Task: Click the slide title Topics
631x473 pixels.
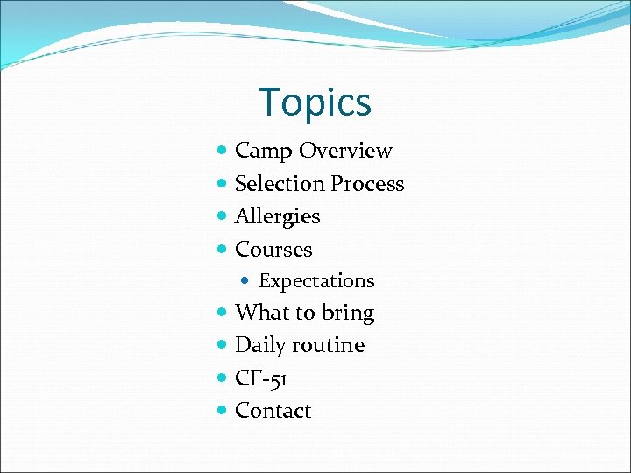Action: (315, 102)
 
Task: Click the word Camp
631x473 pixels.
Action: (264, 151)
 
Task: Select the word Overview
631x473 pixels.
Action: (345, 151)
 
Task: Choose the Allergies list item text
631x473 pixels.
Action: (277, 216)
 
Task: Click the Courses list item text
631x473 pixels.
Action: (273, 249)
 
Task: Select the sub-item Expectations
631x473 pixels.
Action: (316, 281)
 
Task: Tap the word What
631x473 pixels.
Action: (260, 313)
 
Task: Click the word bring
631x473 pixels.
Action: (348, 314)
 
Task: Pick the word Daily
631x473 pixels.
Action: (260, 346)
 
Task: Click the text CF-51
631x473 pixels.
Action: (261, 378)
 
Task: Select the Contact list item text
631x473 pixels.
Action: (273, 411)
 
